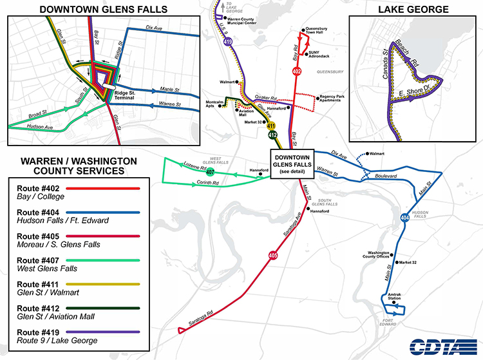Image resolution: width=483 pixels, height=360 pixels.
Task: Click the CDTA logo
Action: [x=439, y=346]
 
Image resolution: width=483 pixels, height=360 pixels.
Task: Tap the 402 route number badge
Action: [x=297, y=71]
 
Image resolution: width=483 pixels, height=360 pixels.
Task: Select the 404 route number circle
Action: [x=404, y=218]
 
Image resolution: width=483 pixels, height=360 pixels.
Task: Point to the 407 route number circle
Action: [x=210, y=172]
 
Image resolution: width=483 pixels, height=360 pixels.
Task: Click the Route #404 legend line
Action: [x=73, y=213]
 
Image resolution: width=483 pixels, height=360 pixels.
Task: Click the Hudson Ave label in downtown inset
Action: [x=40, y=128]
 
